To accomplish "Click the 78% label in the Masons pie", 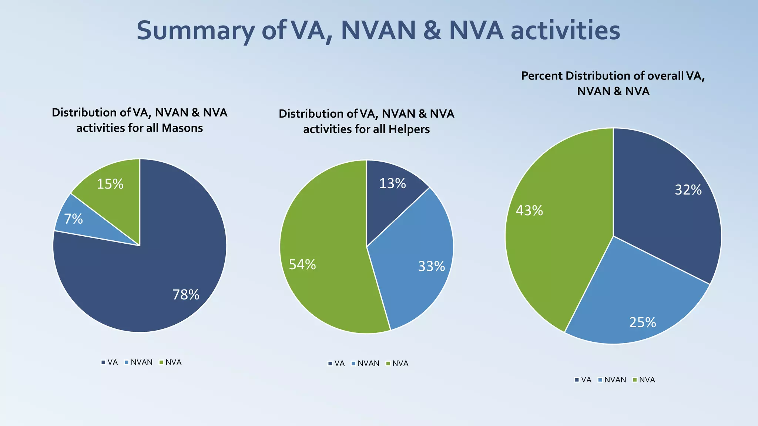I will (186, 295).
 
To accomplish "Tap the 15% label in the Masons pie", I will (110, 184).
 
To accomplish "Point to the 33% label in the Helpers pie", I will (431, 266).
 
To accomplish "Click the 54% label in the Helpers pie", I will (302, 264).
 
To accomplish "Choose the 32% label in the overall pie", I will (688, 190).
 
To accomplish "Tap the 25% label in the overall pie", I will (643, 322).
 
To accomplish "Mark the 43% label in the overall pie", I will (529, 211).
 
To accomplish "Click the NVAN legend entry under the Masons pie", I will (139, 362).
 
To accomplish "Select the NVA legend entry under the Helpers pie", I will (397, 364).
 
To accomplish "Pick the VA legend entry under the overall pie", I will (583, 380).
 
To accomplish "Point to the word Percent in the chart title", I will (542, 76).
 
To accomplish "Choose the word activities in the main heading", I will (565, 30).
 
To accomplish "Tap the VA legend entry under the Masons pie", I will (110, 362).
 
